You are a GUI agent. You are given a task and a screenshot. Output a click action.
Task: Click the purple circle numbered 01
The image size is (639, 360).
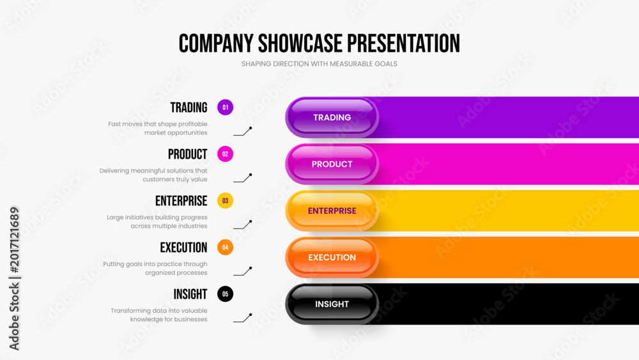click(x=225, y=107)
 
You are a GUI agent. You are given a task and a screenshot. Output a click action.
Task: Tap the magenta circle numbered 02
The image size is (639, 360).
click(x=225, y=154)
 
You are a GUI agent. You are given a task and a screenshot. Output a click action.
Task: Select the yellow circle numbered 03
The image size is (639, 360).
click(x=225, y=201)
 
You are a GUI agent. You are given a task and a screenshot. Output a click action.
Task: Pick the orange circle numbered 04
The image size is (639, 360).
click(x=225, y=247)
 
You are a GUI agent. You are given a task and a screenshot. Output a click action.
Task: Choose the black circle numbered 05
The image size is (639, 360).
click(x=225, y=294)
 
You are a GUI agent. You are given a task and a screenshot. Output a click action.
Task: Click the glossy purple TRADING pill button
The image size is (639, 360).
click(x=332, y=118)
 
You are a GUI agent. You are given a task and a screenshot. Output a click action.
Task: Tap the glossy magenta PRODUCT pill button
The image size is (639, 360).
click(x=332, y=164)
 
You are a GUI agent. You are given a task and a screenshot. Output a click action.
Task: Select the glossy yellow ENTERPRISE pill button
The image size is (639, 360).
click(x=332, y=211)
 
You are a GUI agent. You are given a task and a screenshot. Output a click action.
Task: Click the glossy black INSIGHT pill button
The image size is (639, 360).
click(x=332, y=304)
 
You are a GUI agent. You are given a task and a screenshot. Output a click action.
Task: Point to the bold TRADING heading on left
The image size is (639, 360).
click(x=189, y=107)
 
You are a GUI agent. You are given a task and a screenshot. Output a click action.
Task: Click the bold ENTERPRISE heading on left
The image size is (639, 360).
click(x=181, y=201)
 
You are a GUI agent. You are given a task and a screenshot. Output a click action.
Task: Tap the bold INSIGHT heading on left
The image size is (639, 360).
click(x=190, y=294)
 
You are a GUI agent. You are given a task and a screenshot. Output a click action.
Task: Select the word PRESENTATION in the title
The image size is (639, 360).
click(x=403, y=43)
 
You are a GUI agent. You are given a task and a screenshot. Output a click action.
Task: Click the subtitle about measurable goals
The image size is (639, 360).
click(x=319, y=64)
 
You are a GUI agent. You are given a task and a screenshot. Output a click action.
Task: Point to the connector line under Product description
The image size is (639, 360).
click(x=242, y=178)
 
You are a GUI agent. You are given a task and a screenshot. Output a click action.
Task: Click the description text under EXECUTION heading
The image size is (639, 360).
click(x=155, y=269)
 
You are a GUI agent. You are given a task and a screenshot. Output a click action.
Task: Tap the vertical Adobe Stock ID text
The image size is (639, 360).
click(x=14, y=278)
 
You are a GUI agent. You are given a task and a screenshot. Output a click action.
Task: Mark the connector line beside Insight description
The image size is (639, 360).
click(x=242, y=318)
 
